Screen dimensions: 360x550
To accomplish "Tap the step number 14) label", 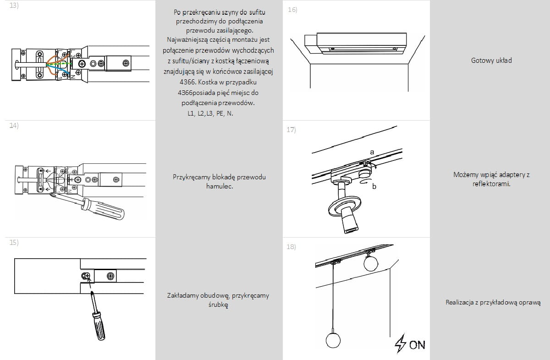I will [14, 126].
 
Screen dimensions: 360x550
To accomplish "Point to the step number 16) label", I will [292, 10].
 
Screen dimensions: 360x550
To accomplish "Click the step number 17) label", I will [291, 130].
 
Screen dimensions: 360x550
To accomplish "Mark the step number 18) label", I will [291, 247].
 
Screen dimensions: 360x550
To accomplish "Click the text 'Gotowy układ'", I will [491, 61].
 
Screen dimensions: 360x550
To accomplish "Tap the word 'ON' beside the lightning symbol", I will [417, 345].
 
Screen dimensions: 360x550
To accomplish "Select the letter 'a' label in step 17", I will [372, 151].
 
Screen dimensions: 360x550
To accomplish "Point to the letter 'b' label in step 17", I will [374, 186].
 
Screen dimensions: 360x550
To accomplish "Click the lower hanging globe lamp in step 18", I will [333, 340].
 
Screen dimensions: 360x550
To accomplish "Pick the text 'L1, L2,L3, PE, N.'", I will [210, 113].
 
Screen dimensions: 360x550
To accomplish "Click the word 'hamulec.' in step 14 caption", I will [219, 187].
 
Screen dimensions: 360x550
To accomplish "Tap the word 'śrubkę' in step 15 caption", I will [218, 305].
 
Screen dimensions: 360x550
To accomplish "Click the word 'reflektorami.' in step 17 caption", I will [491, 184].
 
